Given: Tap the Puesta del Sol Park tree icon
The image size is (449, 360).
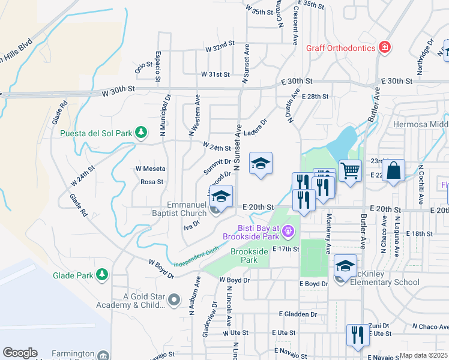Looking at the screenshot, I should coord(141,131).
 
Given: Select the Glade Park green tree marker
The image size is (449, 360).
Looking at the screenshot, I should coord(103,275).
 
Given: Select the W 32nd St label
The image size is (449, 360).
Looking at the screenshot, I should coord(219,46).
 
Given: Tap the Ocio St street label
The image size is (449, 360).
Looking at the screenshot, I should coord(140,69).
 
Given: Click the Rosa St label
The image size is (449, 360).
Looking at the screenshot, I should coord(152,182).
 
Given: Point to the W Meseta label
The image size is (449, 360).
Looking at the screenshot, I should coord(150,169).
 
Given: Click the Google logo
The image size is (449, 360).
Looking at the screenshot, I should coord(20,353).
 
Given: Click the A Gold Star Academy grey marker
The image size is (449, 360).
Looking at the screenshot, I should coord(174,299).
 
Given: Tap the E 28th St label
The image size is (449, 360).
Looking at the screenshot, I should coord(316,96).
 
